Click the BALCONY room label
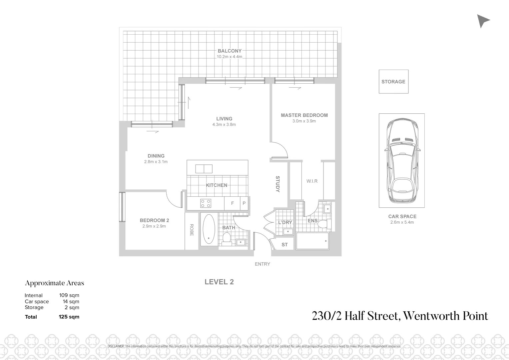tap(230, 51)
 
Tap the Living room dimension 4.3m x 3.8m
tap(224, 125)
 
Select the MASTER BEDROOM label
tap(304, 115)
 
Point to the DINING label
tap(156, 156)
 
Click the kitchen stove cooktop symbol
tap(205, 203)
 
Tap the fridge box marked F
tap(233, 203)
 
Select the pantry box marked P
tap(244, 203)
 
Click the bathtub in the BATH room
tap(209, 229)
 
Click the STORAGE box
tap(393, 82)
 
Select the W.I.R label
tap(312, 181)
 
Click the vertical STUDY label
tap(277, 184)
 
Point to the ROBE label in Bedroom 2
tap(192, 230)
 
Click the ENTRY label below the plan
tap(262, 264)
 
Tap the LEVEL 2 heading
tap(219, 282)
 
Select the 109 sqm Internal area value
tap(69, 295)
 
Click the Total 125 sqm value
tap(69, 317)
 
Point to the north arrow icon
tap(483, 21)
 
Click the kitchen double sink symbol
tap(204, 169)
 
